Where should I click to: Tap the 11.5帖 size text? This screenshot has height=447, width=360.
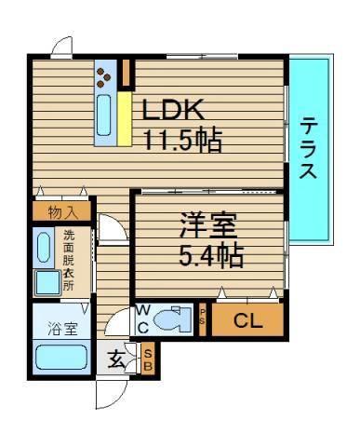181,141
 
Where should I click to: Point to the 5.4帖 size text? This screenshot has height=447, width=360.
212,253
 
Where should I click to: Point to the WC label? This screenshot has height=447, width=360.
144,320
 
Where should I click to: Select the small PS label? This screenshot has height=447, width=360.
204,318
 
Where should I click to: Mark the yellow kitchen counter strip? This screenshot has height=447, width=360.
124,116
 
